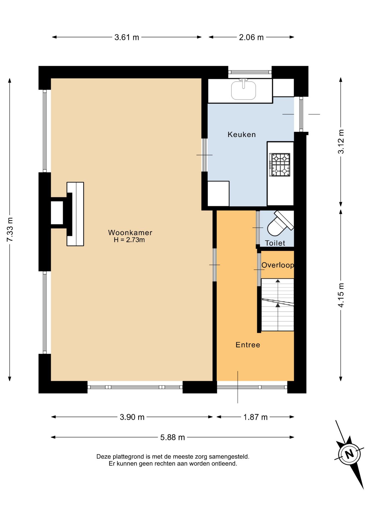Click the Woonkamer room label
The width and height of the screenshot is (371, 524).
[x=130, y=233]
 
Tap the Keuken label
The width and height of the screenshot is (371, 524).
[x=242, y=134]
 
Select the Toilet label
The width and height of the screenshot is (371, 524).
[x=275, y=243]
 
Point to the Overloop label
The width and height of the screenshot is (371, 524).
[x=278, y=265]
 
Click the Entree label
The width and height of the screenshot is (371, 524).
[x=248, y=345]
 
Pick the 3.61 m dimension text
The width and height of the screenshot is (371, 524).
[x=127, y=37]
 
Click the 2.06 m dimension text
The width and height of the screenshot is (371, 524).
[x=251, y=37]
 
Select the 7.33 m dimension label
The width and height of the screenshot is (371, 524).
[x=10, y=230]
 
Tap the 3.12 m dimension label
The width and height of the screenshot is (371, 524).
[x=341, y=141]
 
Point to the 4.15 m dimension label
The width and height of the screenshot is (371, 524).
[x=341, y=295]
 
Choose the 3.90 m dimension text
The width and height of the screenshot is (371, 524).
[x=132, y=417]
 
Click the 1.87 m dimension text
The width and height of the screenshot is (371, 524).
[x=255, y=417]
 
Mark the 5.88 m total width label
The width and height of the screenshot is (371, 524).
[x=172, y=437]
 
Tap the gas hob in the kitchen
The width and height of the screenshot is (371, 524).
[x=280, y=165]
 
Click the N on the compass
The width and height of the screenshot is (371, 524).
[x=349, y=454]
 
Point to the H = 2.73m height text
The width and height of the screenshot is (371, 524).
[x=129, y=240]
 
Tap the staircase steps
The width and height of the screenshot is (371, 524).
[x=278, y=305]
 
